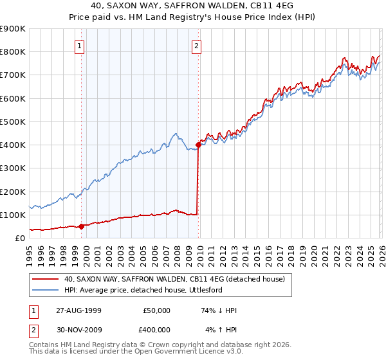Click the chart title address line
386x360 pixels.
point(193,8)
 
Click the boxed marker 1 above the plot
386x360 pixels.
point(79,46)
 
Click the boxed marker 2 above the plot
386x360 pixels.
point(196,46)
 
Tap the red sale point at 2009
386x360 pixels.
point(198,145)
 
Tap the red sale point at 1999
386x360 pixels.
point(82,226)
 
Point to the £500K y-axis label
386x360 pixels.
point(13,122)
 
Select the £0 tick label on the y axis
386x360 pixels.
point(19,238)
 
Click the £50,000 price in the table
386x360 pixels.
point(156,310)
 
